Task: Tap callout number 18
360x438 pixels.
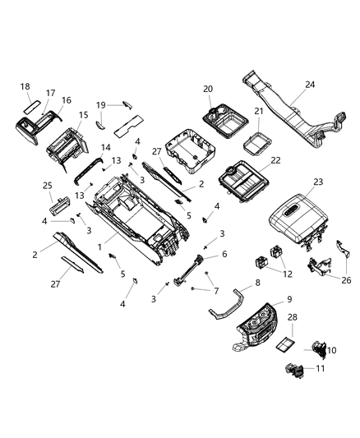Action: pyautogui.click(x=25, y=85)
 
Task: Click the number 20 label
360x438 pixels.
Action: pyautogui.click(x=208, y=89)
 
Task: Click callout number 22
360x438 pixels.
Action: pyautogui.click(x=275, y=160)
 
